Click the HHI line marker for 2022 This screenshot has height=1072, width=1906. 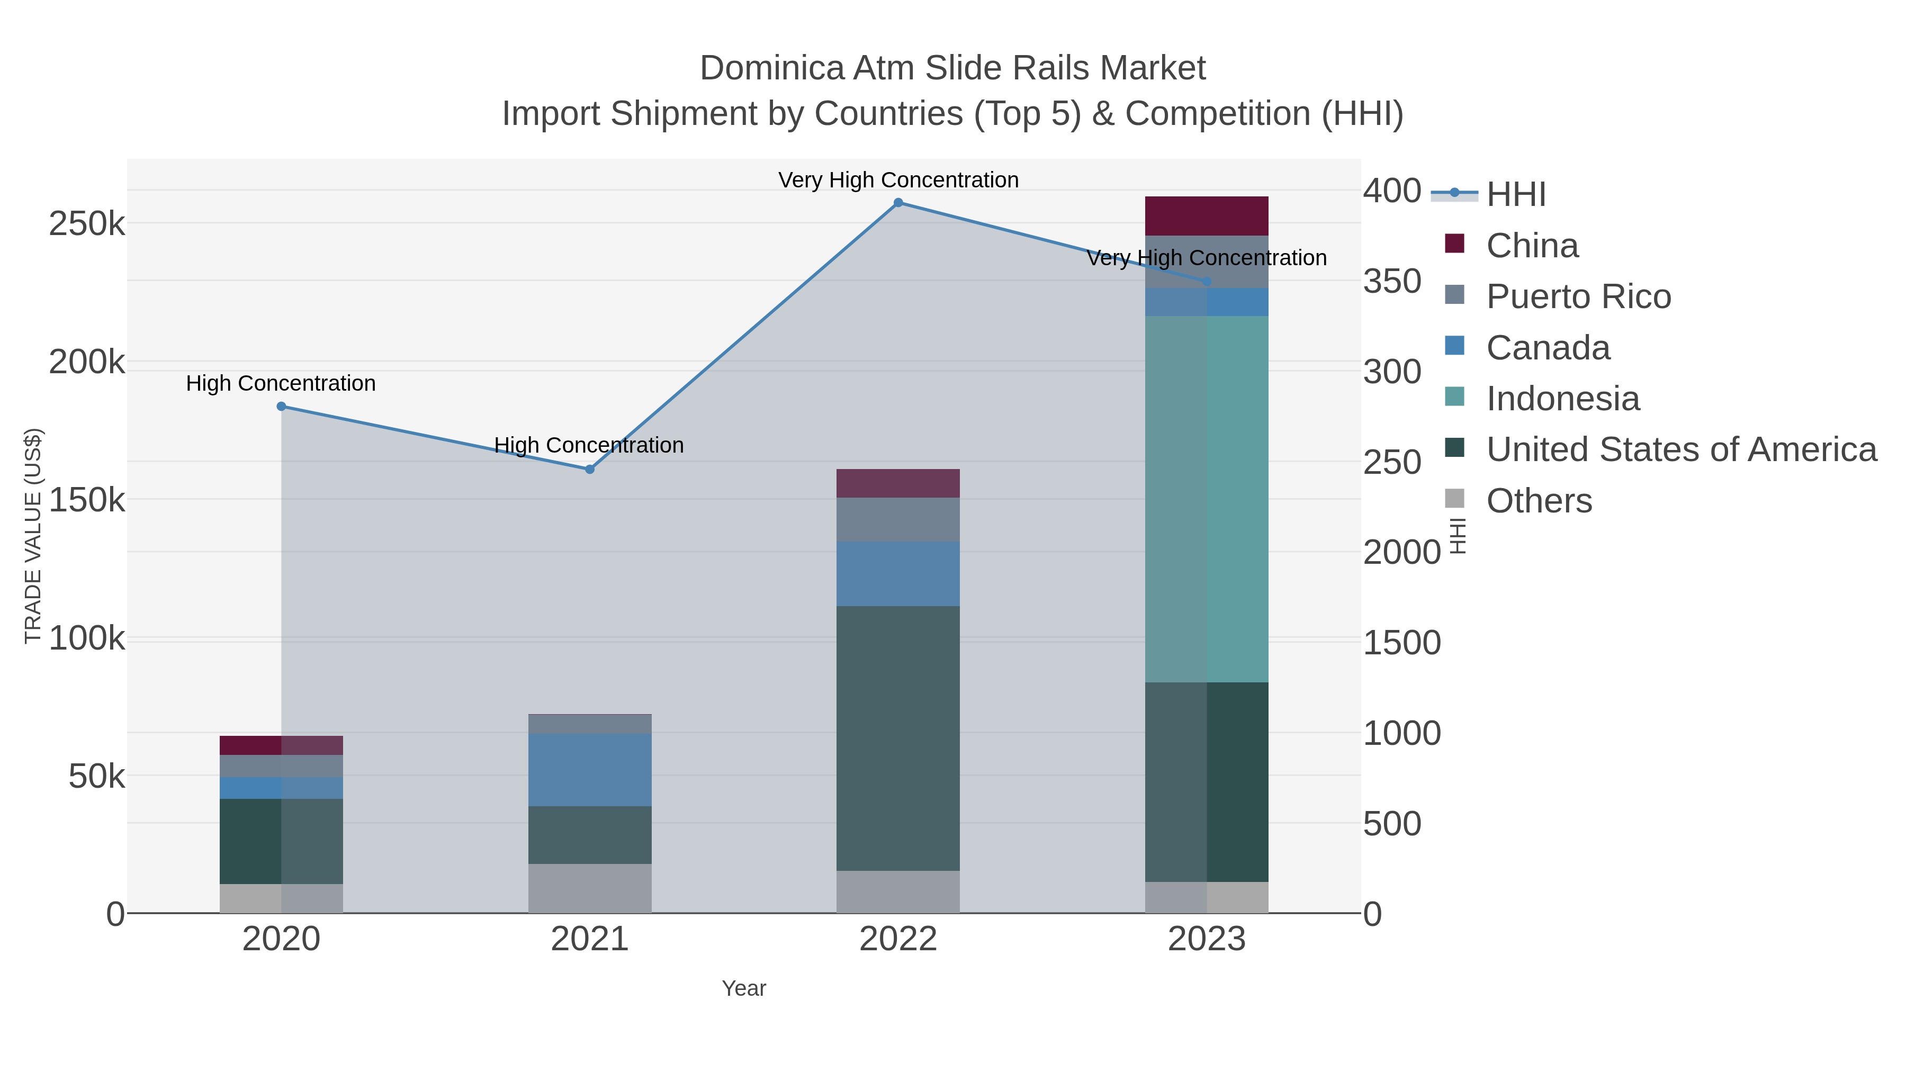coord(898,203)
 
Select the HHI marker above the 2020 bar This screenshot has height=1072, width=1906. coord(281,406)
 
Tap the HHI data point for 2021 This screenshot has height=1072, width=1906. coord(590,470)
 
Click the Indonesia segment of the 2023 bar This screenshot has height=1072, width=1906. coord(1207,499)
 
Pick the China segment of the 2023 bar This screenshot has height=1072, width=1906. coord(1207,216)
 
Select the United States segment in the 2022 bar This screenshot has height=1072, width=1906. coord(898,738)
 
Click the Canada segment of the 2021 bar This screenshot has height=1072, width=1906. coord(590,770)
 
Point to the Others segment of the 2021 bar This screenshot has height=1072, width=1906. coord(590,888)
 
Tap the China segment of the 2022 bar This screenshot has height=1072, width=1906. coord(898,484)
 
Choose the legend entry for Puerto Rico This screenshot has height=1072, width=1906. coord(1578,296)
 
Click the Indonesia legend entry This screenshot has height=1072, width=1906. coord(1563,399)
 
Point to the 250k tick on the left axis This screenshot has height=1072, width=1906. coord(87,223)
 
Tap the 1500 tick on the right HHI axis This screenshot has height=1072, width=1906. coord(1402,643)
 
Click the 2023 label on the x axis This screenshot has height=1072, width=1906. coord(1207,940)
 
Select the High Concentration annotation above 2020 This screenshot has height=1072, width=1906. coord(281,383)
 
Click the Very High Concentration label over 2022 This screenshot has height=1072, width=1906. coord(898,180)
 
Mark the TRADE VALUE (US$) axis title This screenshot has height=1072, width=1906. coord(33,536)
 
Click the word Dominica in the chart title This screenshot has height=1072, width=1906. coord(771,68)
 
